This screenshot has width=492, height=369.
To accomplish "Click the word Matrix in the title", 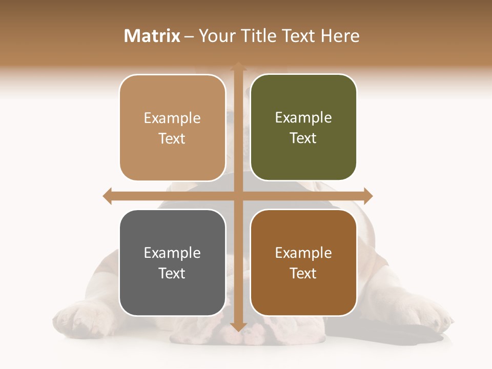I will pyautogui.click(x=152, y=36).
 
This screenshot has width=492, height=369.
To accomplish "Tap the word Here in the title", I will pyautogui.click(x=340, y=36).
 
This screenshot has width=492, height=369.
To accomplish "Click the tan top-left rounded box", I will pyautogui.click(x=172, y=128).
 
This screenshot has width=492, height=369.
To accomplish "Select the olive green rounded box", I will pyautogui.click(x=303, y=128).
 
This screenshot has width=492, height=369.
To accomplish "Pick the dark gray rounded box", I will pyautogui.click(x=172, y=263).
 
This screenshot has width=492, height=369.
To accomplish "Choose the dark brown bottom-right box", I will pyautogui.click(x=303, y=263).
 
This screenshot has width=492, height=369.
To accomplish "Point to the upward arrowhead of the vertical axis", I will pyautogui.click(x=238, y=66).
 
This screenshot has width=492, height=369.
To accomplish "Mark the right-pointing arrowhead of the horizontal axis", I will pyautogui.click(x=367, y=196).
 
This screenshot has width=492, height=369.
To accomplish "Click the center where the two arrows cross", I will pyautogui.click(x=238, y=196).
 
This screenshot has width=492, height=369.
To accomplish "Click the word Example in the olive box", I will pyautogui.click(x=303, y=118).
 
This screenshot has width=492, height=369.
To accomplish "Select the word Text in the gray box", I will pyautogui.click(x=172, y=273).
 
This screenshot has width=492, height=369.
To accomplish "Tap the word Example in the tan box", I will pyautogui.click(x=172, y=118).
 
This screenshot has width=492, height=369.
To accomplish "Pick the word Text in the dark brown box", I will pyautogui.click(x=303, y=273).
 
